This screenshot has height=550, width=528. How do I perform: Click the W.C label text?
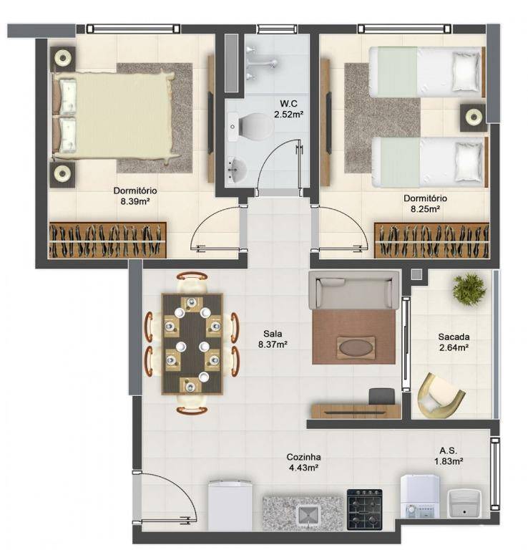[288, 103]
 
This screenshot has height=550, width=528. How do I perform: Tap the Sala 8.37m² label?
[273, 339]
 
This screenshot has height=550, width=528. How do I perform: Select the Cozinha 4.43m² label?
[303, 462]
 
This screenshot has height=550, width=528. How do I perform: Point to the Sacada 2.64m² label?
[454, 342]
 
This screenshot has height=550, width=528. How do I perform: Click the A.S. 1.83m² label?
[449, 456]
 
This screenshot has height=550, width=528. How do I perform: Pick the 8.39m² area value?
[135, 201]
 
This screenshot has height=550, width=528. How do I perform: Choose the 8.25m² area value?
[425, 209]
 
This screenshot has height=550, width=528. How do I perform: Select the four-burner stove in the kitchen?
[364, 509]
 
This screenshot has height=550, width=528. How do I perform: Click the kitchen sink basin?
[308, 516]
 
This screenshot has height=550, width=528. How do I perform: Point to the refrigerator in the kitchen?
[230, 505]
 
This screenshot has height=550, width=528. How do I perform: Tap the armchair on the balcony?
[440, 395]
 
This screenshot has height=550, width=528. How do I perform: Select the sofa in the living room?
[353, 290]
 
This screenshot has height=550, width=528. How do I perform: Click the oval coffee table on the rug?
[356, 347]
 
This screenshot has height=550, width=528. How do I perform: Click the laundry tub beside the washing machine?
[464, 503]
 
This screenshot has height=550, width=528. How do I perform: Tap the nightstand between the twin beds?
[474, 117]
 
